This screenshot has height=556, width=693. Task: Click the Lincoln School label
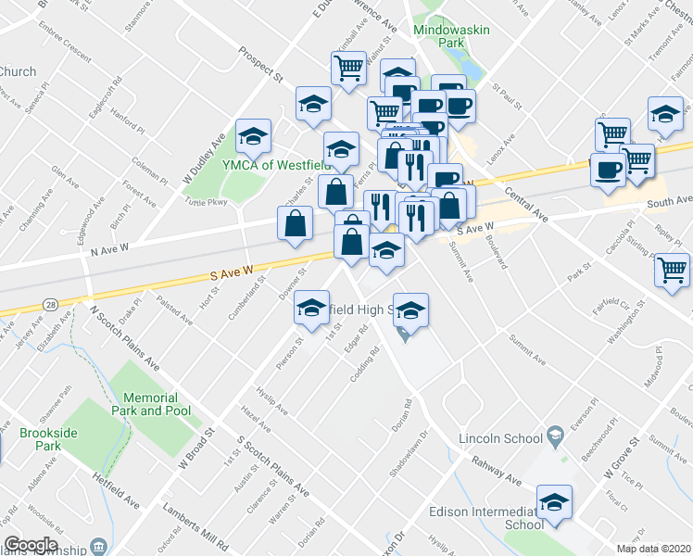(498, 436)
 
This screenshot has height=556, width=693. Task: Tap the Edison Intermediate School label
(485, 517)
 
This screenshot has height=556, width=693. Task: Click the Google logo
(31, 545)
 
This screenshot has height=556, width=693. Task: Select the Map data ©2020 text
(653, 549)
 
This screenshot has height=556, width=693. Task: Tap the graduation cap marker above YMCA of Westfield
(252, 137)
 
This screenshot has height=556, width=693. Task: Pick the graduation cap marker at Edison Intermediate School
(554, 502)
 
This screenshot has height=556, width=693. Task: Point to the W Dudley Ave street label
(207, 157)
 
